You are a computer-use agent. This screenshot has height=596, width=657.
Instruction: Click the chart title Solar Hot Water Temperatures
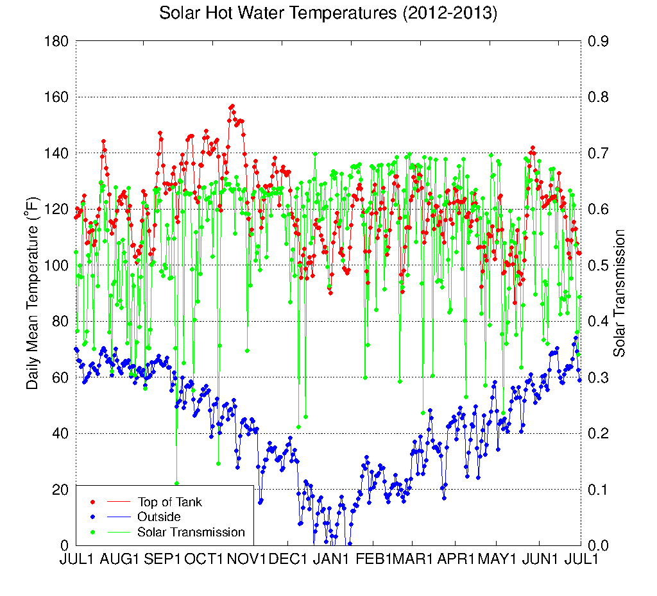328,13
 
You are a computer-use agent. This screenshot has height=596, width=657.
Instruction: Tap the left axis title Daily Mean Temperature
33,294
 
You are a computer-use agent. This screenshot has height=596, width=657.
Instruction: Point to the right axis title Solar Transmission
619,294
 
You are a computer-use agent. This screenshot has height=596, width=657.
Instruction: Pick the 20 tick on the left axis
61,490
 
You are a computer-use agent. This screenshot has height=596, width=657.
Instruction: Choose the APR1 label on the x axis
456,559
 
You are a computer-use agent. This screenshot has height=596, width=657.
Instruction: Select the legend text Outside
158,517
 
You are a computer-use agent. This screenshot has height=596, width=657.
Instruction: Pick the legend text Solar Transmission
191,532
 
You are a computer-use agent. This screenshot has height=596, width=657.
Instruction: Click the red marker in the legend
92,502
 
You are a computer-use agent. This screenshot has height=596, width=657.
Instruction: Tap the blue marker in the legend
92,517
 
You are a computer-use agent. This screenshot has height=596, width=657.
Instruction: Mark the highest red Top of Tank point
232,106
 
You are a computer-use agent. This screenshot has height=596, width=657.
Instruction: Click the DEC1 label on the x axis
288,559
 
